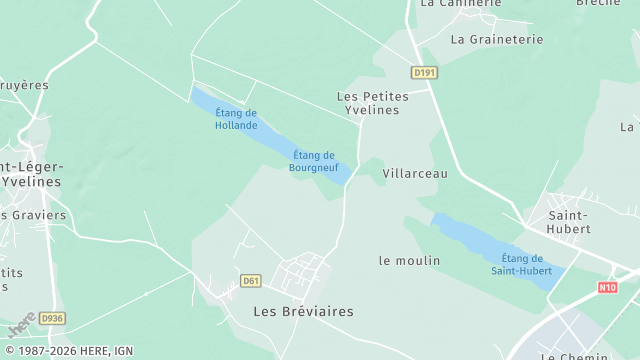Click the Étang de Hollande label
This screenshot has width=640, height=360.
pyautogui.click(x=236, y=119)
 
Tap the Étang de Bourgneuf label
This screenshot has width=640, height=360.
pyautogui.click(x=314, y=160)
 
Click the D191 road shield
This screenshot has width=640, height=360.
pyautogui.click(x=425, y=73)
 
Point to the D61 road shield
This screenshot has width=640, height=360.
pyautogui.click(x=251, y=281)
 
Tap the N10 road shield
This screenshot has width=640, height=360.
pyautogui.click(x=608, y=287)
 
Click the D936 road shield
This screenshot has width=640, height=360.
pyautogui.click(x=52, y=319)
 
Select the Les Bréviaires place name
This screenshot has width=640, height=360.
pyautogui.click(x=303, y=311)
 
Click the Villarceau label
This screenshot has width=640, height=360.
pyautogui.click(x=415, y=173)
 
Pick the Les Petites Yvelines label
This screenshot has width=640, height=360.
pyautogui.click(x=368, y=103)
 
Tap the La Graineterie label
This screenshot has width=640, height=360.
pyautogui.click(x=497, y=40)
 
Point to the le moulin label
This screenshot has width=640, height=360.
pyautogui.click(x=409, y=260)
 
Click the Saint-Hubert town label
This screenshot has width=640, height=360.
pyautogui.click(x=568, y=221)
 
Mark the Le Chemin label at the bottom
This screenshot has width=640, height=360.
pyautogui.click(x=574, y=356)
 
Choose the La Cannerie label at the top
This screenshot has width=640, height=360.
pyautogui.click(x=460, y=4)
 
